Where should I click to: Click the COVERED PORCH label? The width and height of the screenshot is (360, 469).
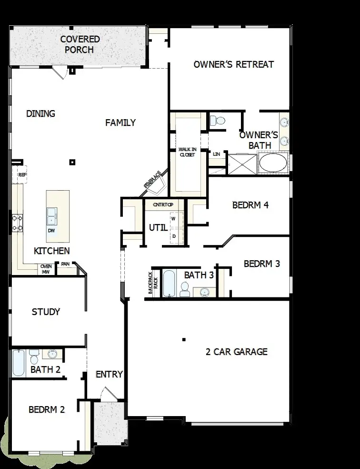pos(80,44)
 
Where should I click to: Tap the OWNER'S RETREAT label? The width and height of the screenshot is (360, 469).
pos(233,64)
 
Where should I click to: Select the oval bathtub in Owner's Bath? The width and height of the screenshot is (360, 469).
pos(273,163)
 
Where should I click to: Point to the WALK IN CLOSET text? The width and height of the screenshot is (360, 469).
pos(187,152)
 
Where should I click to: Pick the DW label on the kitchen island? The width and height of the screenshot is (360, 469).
pos(51,231)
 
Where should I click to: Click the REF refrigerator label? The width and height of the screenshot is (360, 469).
pos(22,175)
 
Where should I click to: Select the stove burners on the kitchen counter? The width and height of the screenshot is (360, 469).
pos(18,223)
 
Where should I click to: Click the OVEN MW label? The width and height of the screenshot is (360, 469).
pos(46,269)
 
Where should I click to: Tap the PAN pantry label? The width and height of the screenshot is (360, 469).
pos(65,264)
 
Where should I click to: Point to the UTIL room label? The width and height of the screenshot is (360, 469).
pos(158,227)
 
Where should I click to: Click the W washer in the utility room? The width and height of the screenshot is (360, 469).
pos(173,219)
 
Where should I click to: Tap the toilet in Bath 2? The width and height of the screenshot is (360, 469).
pos(34,357)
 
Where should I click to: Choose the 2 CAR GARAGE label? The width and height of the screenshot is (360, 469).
pos(236,352)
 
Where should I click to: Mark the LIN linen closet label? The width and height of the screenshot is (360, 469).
pos(217,154)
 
